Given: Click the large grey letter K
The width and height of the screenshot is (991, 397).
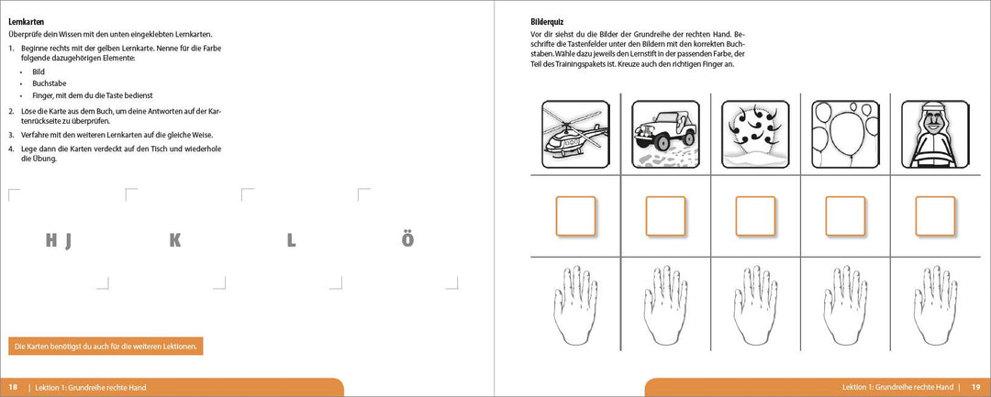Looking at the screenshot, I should [175, 241].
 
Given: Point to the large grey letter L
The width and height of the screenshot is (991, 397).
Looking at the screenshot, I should [291, 241].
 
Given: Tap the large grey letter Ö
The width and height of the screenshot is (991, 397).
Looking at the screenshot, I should [407, 241].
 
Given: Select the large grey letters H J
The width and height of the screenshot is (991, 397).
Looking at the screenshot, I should [59, 241].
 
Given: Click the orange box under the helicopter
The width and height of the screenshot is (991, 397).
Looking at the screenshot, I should [575, 216].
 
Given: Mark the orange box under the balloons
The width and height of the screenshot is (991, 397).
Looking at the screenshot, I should [845, 216].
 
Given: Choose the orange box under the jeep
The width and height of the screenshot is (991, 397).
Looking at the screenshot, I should [665, 216].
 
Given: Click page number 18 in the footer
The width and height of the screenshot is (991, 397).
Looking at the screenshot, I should [13, 388].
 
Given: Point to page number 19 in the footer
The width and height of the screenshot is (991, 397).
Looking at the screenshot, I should [976, 388].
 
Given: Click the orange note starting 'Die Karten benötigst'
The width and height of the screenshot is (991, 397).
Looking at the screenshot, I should [106, 347].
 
